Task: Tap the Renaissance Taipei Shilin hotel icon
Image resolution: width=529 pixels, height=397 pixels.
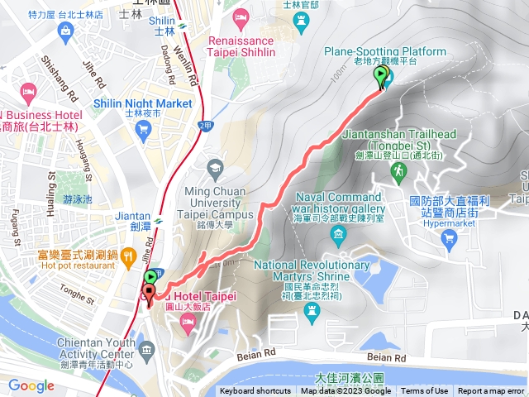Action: pyautogui.click(x=241, y=17)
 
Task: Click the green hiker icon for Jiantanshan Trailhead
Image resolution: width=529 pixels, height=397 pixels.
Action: pyautogui.click(x=398, y=171)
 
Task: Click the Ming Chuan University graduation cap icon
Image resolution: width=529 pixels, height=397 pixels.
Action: pyautogui.click(x=214, y=169)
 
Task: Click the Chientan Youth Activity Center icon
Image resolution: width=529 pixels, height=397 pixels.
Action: pyautogui.click(x=146, y=325)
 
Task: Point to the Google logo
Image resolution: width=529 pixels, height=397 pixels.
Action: pyautogui.click(x=31, y=385)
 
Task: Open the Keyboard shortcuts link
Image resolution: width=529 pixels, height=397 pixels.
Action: pyautogui.click(x=255, y=391)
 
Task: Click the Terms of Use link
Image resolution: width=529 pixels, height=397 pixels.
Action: pyautogui.click(x=425, y=391)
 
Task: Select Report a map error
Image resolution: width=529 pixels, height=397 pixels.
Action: pyautogui.click(x=491, y=391)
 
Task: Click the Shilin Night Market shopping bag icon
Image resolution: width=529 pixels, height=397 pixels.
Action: pyautogui.click(x=144, y=128)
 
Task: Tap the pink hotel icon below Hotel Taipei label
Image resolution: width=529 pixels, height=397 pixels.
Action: pyautogui.click(x=188, y=319)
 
